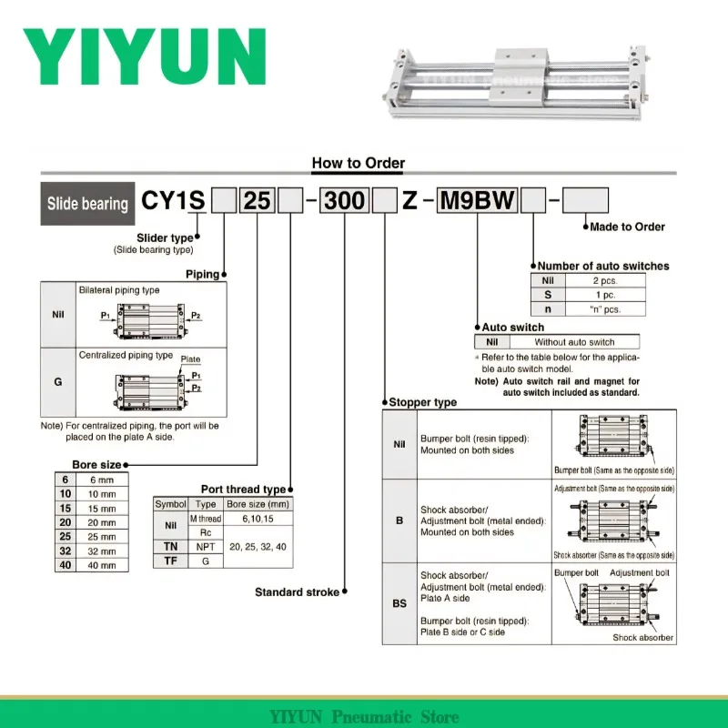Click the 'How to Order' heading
(x=359, y=164)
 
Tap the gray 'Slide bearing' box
(x=87, y=203)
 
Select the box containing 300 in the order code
(x=344, y=200)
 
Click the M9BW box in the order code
(x=477, y=200)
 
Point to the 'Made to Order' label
(x=627, y=227)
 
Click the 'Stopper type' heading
(x=422, y=402)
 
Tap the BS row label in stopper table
(x=399, y=603)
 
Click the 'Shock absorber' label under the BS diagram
(x=642, y=638)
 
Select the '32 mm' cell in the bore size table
(x=101, y=551)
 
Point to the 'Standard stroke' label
(x=297, y=592)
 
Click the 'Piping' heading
(x=202, y=273)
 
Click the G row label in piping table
(x=58, y=383)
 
